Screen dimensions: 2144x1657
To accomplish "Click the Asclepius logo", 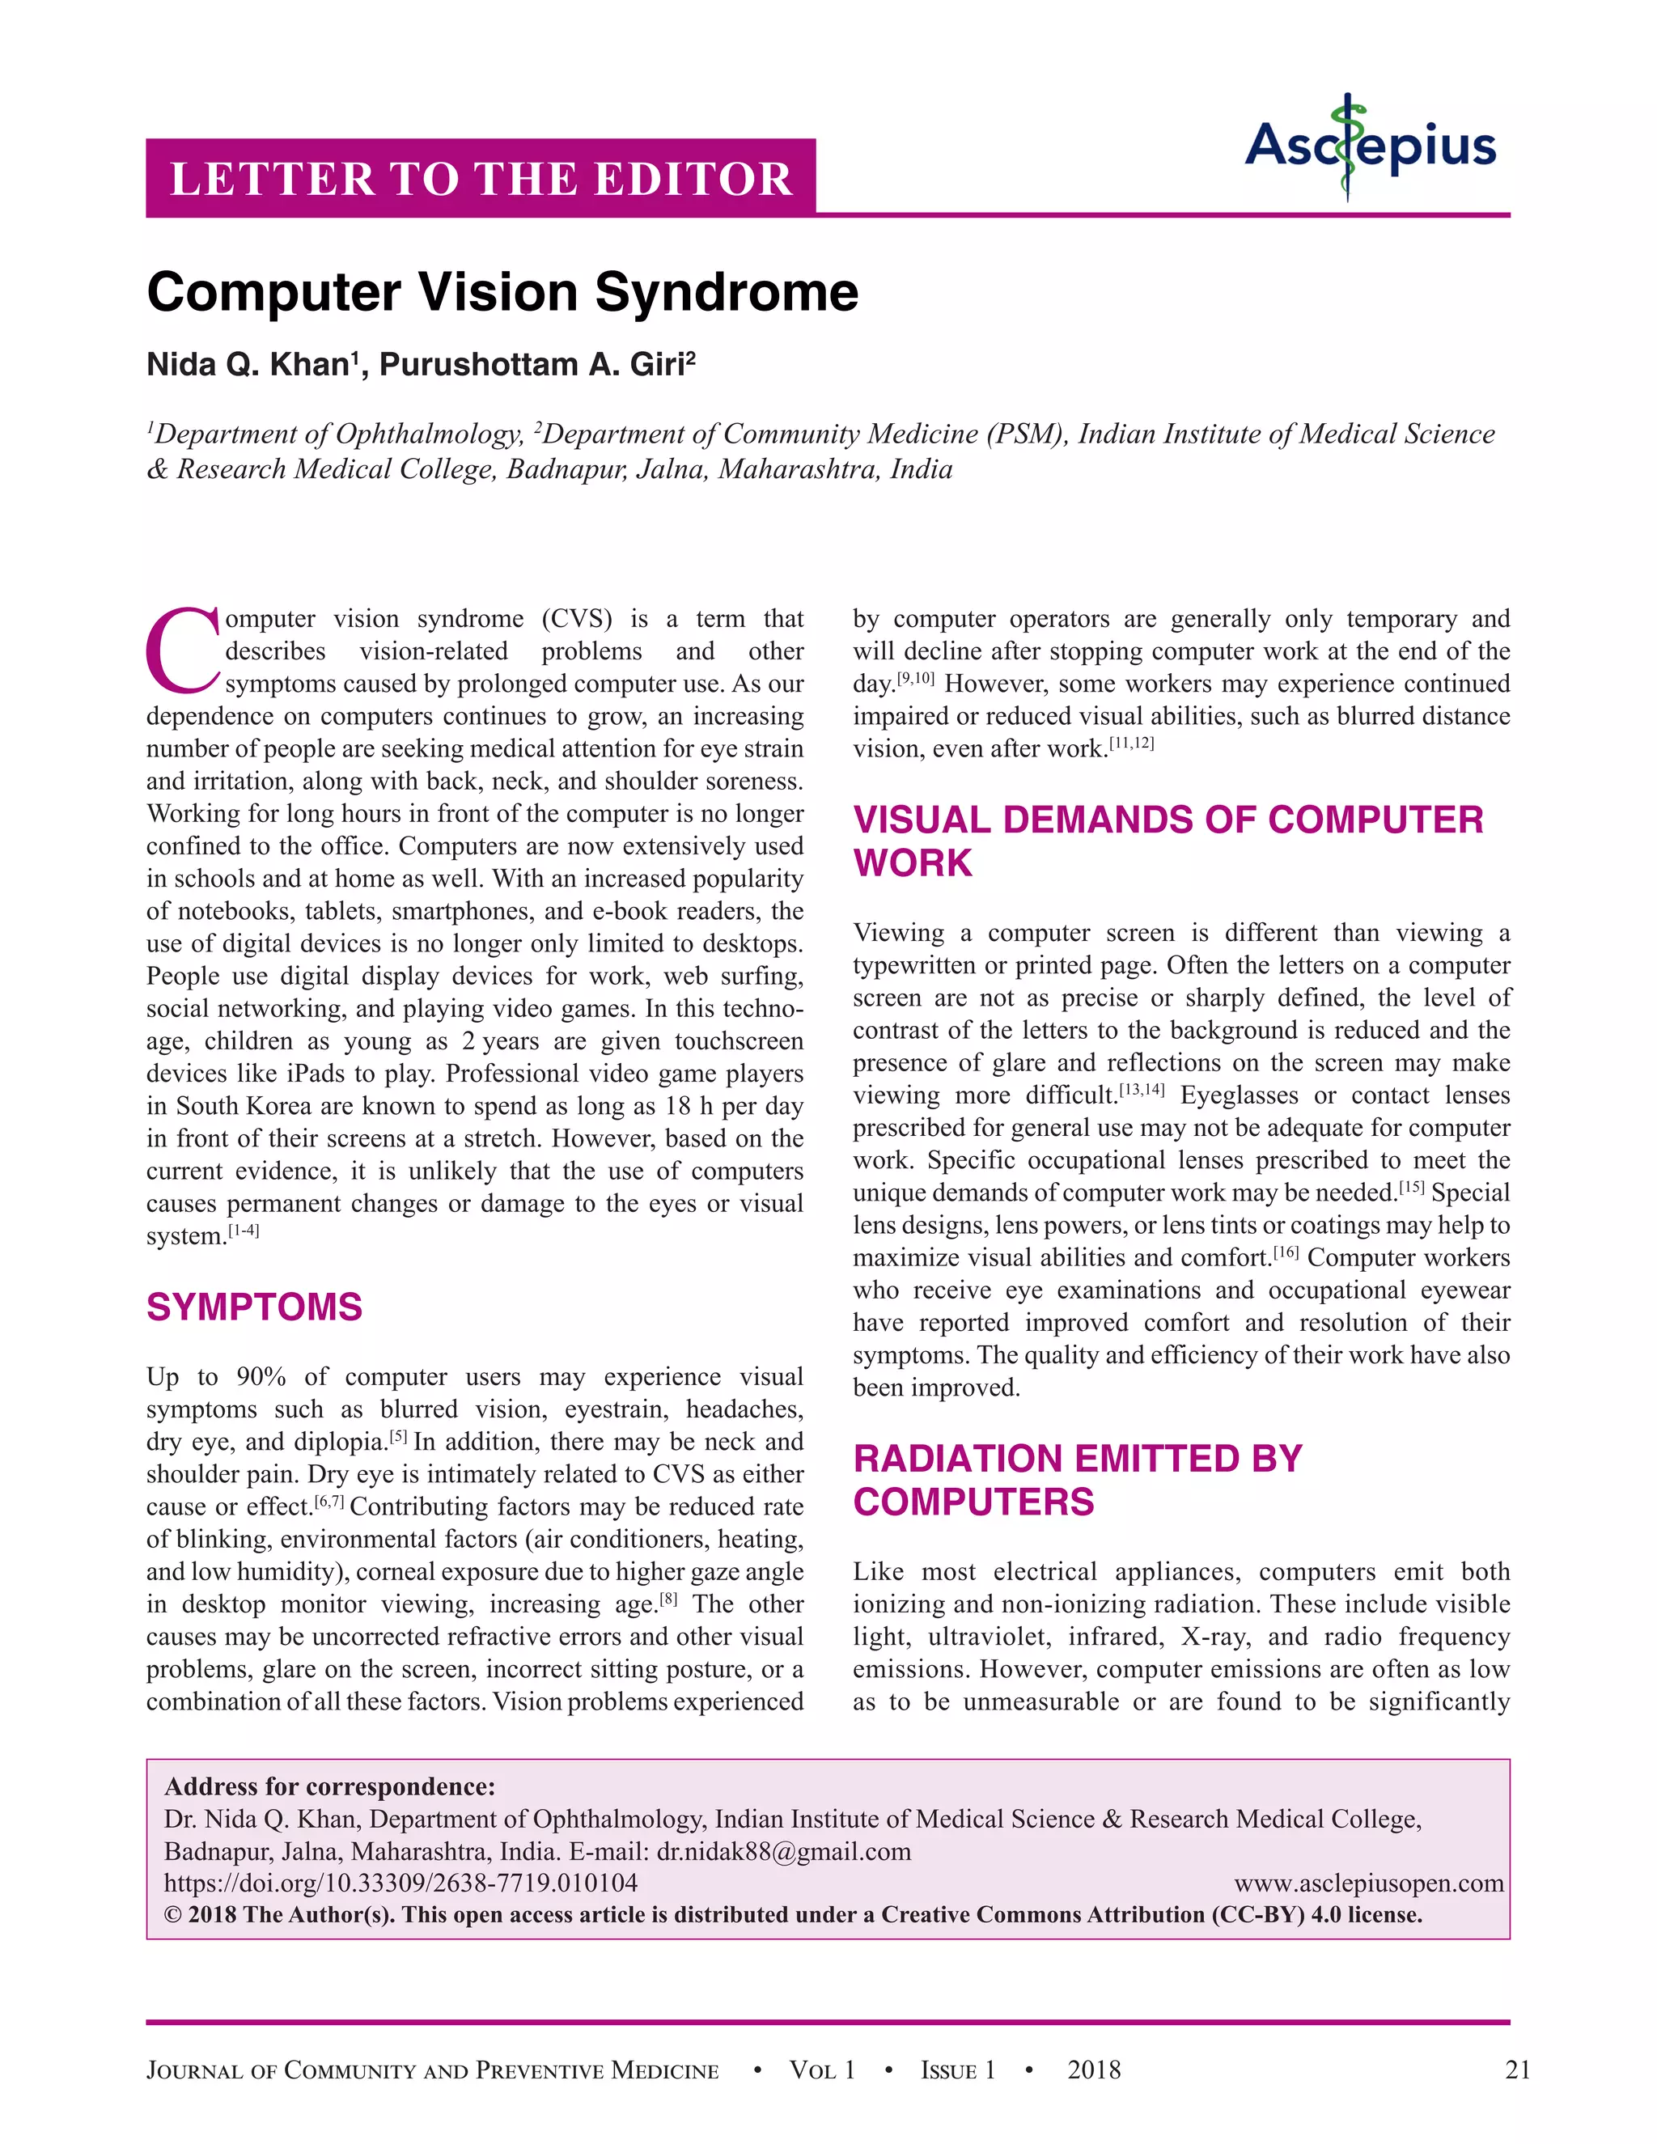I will (1371, 147).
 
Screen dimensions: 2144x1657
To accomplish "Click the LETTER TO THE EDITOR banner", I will (481, 179).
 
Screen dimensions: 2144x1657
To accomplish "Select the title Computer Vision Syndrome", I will (502, 293).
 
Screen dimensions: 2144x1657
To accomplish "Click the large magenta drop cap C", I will (183, 649).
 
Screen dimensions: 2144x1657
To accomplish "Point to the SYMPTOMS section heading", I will (254, 1307).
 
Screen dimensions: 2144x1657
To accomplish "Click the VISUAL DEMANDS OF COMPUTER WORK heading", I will (1168, 841).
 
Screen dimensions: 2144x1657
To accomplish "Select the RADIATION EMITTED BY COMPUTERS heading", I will (1077, 1481).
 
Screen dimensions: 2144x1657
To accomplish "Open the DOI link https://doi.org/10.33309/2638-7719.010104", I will (400, 1883).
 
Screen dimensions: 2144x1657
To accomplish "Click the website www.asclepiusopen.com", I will (1368, 1883).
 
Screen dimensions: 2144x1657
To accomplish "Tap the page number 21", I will (1518, 2070).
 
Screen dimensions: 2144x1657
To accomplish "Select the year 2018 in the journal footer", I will (1094, 2070).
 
